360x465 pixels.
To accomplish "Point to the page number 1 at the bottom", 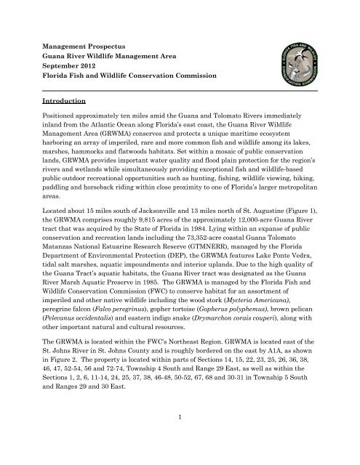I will (x=180, y=434).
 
